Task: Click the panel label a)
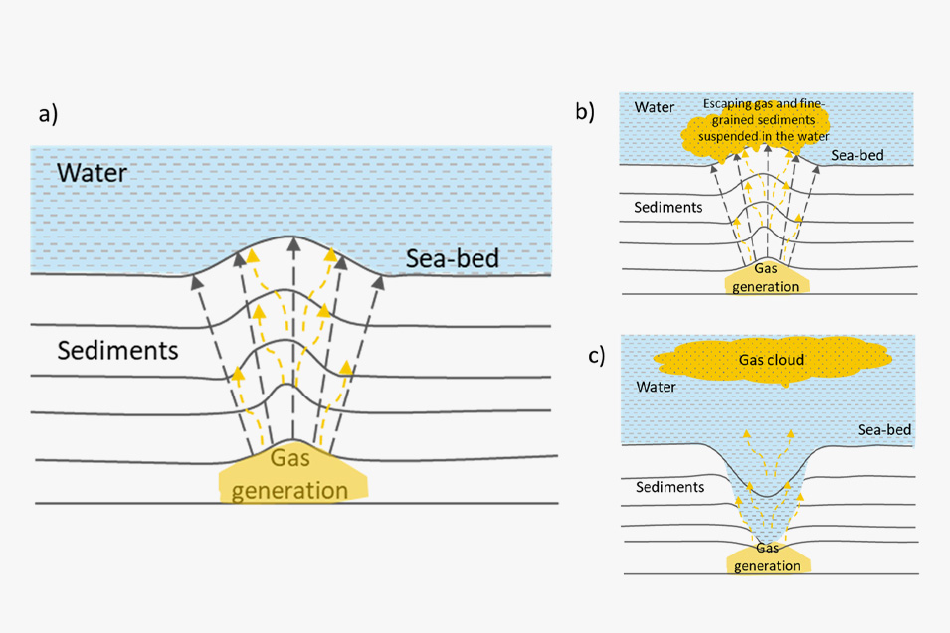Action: [x=49, y=113]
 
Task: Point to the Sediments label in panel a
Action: [x=117, y=350]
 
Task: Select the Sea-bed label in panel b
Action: [x=857, y=155]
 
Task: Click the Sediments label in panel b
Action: [x=668, y=208]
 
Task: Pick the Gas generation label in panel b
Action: [x=766, y=278]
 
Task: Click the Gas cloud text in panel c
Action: [x=771, y=359]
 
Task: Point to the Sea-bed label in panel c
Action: [x=885, y=430]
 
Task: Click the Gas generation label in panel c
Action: [x=767, y=556]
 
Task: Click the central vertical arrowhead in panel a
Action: [x=291, y=241]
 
